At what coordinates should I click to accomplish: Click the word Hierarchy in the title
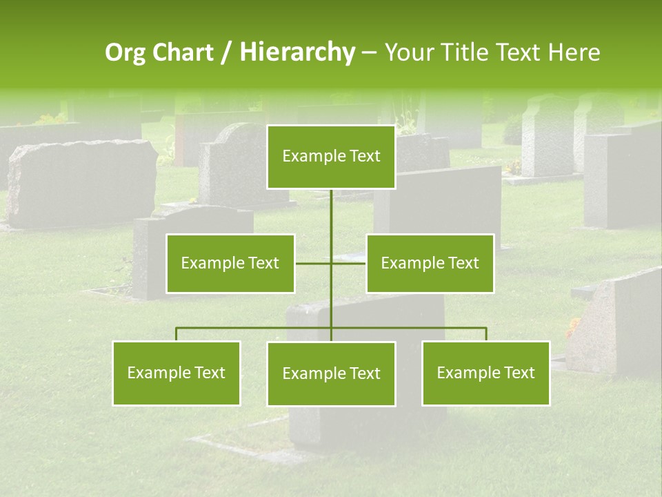297,52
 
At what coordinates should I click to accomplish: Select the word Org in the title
124,52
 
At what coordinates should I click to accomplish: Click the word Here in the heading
574,52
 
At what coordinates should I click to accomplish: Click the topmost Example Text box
331,157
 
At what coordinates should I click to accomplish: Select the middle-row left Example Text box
230,263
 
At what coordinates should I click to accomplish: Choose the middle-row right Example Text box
430,263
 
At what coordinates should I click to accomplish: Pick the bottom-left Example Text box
177,373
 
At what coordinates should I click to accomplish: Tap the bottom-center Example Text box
331,373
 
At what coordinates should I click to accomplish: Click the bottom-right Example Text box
485,373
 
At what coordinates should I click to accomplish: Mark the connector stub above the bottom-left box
177,334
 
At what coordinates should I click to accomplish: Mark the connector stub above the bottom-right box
486,334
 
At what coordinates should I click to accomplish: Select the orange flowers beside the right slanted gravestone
573,328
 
